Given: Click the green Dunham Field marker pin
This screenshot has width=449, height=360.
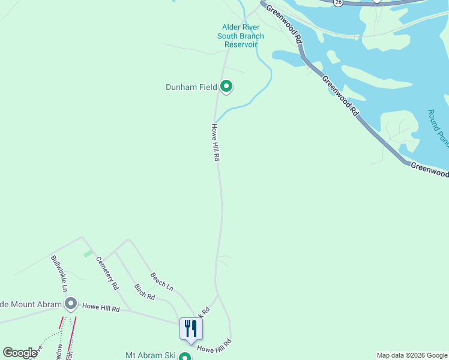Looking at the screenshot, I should point(226,87).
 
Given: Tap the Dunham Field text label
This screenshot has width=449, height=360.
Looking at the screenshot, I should point(191,87).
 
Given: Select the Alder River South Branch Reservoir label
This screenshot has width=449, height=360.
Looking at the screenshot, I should point(240,35).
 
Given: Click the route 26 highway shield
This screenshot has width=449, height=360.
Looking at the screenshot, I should point(339,2).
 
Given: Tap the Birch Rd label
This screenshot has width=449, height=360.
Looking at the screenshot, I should point(145,292).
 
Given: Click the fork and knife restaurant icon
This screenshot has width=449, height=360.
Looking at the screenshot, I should point(191,328).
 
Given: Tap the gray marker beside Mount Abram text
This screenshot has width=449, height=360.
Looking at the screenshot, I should point(71,305).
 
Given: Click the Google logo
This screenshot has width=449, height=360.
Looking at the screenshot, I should point(20,353).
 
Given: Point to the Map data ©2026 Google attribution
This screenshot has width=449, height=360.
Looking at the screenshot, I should point(412,355).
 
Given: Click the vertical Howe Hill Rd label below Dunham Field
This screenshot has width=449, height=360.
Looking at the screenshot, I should point(215,142).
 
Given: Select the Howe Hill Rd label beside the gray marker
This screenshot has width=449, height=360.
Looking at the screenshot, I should point(101,308).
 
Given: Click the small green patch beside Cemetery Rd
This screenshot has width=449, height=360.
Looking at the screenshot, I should point(88,254).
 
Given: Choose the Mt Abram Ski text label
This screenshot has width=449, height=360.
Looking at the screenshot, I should point(150,355).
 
